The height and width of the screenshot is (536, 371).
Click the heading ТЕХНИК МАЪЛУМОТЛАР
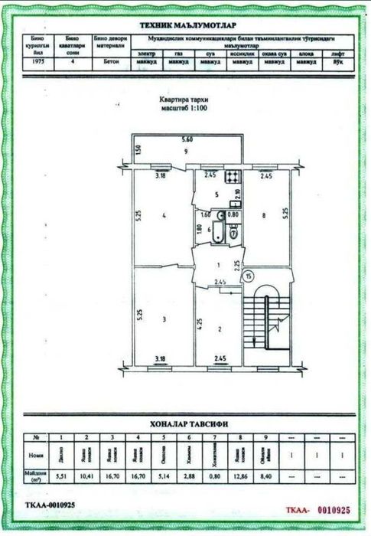point(186,25)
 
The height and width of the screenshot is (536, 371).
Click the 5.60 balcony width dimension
point(186,141)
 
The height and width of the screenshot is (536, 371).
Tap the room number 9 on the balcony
point(186,151)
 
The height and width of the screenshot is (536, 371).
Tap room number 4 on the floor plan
point(164,215)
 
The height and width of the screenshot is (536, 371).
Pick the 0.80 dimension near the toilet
point(235,215)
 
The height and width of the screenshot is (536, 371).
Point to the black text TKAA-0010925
point(51,505)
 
